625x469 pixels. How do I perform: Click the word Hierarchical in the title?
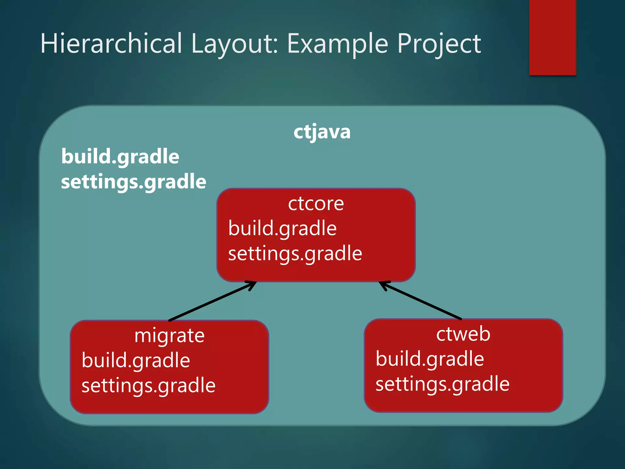[111, 44]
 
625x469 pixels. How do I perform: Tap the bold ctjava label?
[322, 132]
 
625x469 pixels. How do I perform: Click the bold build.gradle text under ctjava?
[120, 157]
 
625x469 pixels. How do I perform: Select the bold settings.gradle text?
[133, 182]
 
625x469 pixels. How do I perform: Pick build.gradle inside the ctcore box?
[282, 229]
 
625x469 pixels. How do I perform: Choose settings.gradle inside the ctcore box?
[295, 254]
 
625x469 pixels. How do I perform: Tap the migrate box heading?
[169, 336]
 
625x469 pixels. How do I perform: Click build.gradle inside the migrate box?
[136, 361]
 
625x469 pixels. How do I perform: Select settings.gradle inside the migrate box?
[148, 386]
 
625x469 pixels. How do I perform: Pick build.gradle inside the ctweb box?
[430, 359]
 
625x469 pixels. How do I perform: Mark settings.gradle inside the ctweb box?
[442, 384]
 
